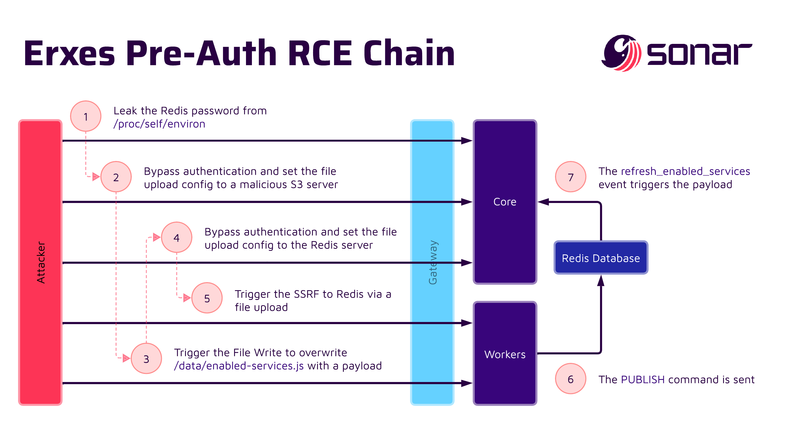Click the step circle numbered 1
[86, 116]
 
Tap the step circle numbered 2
[116, 177]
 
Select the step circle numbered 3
[146, 359]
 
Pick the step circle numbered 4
[176, 237]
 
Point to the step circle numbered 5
[207, 298]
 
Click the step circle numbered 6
[570, 379]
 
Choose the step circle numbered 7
[570, 177]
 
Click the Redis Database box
[601, 258]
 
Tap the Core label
[505, 202]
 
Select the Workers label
[505, 354]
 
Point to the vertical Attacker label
[41, 262]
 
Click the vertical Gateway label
[433, 262]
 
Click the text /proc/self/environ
[159, 124]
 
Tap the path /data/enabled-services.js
[239, 366]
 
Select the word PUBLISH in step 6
[643, 379]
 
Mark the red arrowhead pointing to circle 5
[187, 298]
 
